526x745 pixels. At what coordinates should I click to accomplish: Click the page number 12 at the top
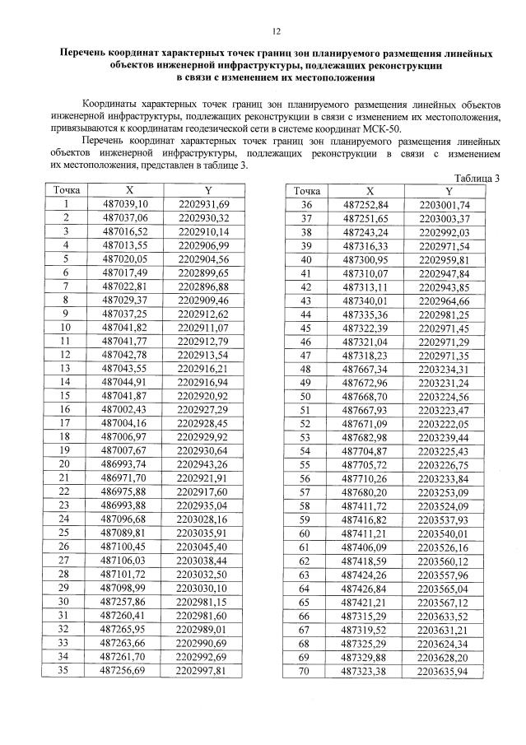(x=275, y=31)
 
